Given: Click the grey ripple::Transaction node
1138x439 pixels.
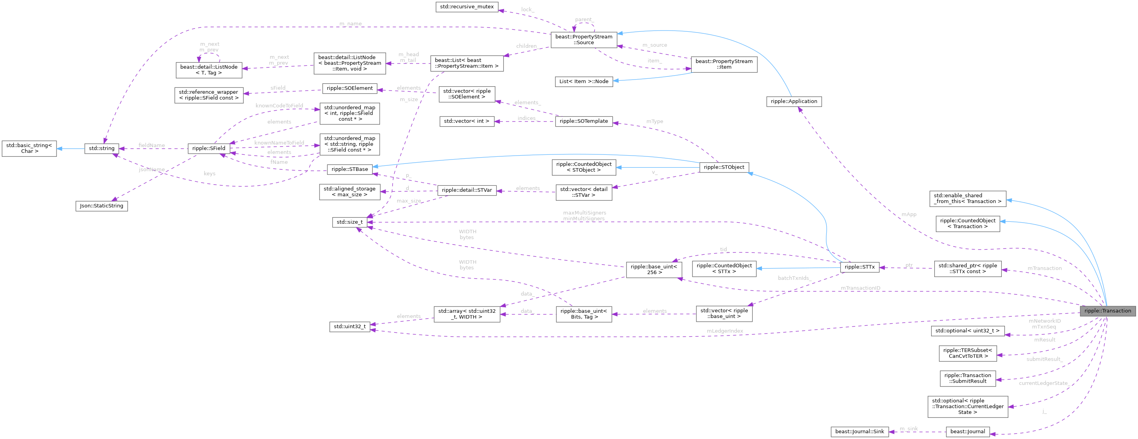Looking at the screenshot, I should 1107,310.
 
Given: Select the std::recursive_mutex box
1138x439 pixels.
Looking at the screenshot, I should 467,7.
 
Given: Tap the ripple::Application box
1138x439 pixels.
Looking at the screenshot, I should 793,102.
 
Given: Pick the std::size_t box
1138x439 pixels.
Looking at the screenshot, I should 349,222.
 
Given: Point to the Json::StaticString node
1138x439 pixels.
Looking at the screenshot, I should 102,206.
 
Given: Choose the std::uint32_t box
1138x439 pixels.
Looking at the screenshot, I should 349,327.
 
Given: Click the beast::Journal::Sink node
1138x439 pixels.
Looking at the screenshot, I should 859,432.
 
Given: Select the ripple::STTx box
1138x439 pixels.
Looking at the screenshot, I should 859,267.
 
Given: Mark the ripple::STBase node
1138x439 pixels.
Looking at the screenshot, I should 349,169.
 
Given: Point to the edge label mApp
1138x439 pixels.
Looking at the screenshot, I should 909,214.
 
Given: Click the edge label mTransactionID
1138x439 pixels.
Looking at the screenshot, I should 860,288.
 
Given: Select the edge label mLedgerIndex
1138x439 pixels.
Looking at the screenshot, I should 725,331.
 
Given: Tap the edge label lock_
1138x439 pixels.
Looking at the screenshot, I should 528,9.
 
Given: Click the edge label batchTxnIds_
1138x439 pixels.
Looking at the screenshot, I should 794,278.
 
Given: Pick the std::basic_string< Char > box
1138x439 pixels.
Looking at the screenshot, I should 29,148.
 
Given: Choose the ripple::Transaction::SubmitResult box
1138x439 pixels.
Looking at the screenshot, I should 968,378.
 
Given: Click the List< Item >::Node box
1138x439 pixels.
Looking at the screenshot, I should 584,82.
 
